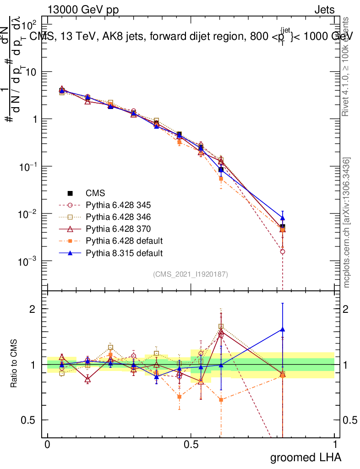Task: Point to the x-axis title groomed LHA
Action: point(305,457)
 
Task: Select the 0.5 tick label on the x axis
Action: point(191,445)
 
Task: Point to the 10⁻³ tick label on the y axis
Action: point(32,261)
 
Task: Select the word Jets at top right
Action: point(324,10)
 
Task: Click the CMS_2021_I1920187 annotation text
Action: point(191,274)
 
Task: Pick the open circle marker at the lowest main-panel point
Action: point(283,251)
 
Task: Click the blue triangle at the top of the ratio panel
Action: point(283,329)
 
